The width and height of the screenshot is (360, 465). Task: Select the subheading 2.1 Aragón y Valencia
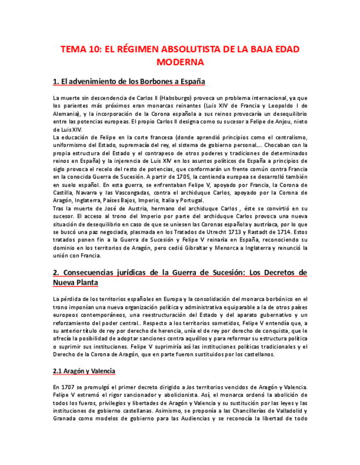click(x=84, y=371)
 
